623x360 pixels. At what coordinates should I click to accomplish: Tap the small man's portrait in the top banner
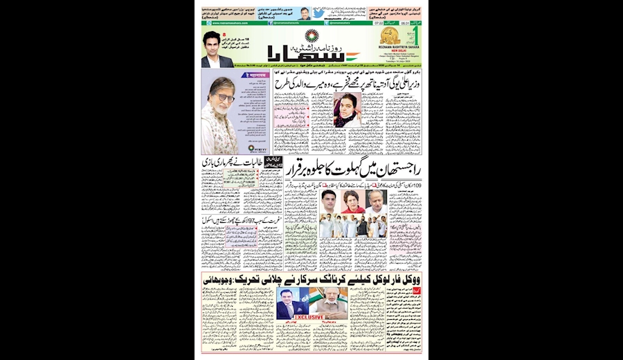(305, 14)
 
